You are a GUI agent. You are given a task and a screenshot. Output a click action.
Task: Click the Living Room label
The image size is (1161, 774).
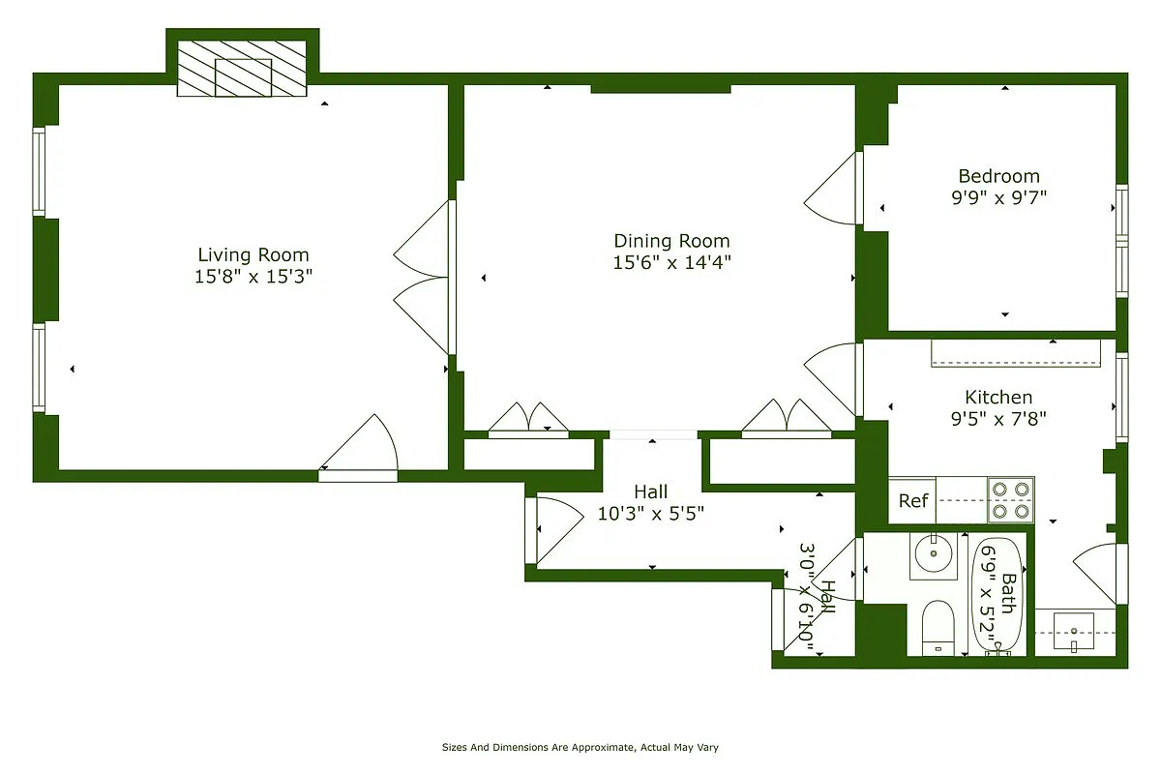click(253, 255)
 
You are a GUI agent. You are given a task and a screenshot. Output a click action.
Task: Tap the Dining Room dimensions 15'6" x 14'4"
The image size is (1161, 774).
click(671, 262)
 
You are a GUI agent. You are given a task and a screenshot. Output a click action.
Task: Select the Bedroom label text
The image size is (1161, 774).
click(998, 176)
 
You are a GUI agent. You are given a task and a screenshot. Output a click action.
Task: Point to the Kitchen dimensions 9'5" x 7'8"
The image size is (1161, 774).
click(998, 418)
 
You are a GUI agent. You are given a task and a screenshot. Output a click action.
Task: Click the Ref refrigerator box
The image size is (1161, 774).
click(912, 500)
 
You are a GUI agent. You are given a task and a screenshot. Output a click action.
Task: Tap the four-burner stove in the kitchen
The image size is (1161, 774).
click(1010, 500)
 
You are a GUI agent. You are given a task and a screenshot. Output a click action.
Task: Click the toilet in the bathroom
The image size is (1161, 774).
click(938, 627)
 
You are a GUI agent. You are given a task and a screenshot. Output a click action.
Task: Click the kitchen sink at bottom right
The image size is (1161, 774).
click(1073, 633)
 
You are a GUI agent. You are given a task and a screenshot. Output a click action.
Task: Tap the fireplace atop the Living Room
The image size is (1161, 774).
click(242, 70)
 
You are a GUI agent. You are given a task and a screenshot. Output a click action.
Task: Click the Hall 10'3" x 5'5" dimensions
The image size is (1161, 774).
click(650, 514)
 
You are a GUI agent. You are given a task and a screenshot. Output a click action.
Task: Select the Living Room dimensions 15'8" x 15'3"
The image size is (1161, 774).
click(253, 277)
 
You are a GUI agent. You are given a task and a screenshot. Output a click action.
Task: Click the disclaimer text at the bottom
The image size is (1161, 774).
click(580, 748)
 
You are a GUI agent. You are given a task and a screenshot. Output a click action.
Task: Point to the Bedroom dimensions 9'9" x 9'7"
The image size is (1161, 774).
click(998, 196)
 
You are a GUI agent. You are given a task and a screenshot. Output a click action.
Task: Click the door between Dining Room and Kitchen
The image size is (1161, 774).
click(832, 379)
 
